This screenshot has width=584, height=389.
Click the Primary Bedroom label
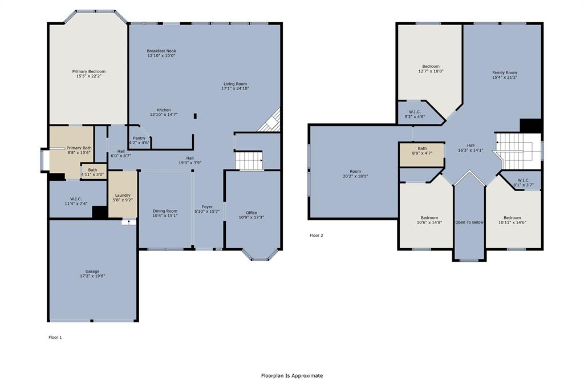pos(88,72)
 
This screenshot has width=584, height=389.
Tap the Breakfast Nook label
pos(161,51)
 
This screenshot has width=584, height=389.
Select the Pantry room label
pos(139,138)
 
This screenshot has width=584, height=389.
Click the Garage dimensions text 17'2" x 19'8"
pos(92,276)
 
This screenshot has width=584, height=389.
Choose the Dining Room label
pos(165,211)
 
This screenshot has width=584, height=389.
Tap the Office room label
pos(251,213)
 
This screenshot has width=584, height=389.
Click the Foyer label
pos(207,207)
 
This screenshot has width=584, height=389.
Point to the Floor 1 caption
pos(55,337)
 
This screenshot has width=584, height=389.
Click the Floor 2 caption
pos(317,235)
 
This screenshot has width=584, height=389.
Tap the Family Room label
pos(504,72)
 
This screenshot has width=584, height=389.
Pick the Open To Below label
pos(469,222)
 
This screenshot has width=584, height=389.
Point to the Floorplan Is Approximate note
pos(291,375)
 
